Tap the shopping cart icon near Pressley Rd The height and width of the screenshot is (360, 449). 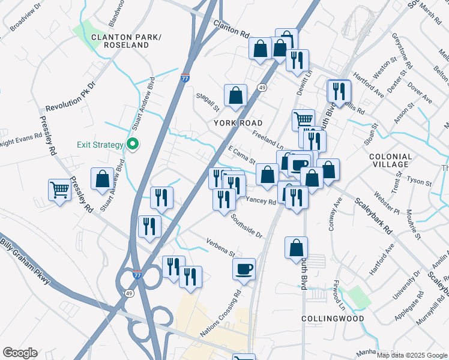[60, 191]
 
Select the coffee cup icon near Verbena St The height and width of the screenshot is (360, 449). [244, 268]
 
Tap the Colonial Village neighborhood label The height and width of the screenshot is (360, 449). [394, 161]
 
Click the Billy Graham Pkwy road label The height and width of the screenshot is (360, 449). [23, 253]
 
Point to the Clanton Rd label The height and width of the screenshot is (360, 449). [231, 29]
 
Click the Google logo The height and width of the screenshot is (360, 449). [20, 353]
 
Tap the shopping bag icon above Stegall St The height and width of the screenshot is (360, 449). [235, 94]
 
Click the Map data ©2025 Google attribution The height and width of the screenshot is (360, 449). [412, 355]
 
